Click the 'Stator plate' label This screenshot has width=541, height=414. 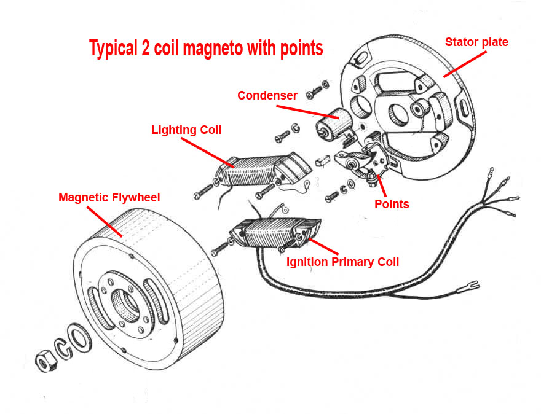[x=476, y=42]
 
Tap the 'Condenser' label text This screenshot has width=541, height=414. [x=267, y=95]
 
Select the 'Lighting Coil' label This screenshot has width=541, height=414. [x=186, y=130]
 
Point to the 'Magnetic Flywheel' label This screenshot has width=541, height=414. [x=109, y=197]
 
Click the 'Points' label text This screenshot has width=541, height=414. [x=392, y=204]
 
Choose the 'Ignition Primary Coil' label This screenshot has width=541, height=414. [x=342, y=262]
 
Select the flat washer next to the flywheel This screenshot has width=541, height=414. [x=79, y=336]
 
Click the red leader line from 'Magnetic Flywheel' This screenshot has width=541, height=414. [x=105, y=221]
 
